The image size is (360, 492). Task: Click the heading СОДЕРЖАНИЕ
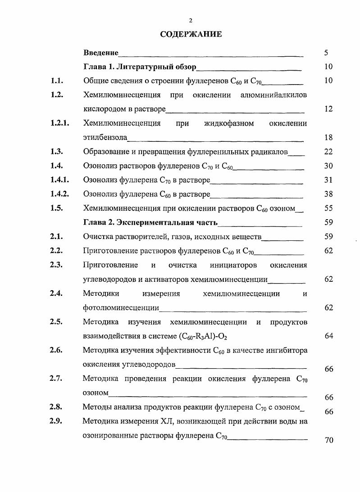coord(191,34)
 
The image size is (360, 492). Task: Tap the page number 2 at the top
coord(191,20)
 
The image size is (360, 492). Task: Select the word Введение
coord(101,53)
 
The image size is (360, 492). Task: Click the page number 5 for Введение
coord(326,53)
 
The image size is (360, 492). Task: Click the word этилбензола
coord(105,137)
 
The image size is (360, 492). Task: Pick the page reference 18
coord(328,137)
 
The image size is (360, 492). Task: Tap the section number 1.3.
coord(57,152)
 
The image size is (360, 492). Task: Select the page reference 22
coord(328,152)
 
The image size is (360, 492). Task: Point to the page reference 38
coord(328,194)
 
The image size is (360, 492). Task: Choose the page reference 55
coord(328,208)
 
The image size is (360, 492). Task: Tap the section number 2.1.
coord(57,236)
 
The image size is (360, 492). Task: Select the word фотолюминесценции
coord(121,308)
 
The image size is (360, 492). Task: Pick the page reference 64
coord(328,336)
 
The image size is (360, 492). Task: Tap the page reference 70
coord(328,440)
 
